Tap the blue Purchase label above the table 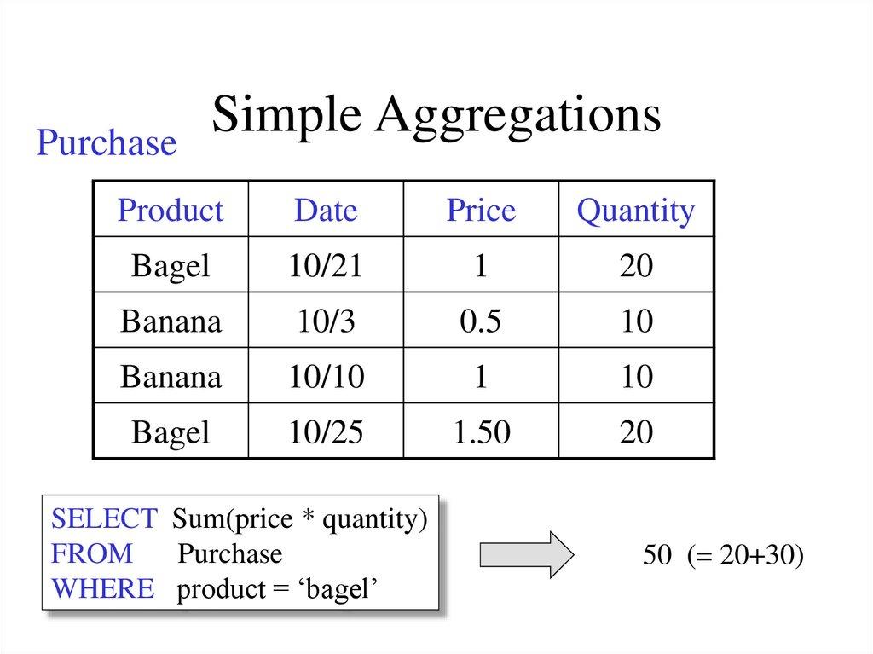click(106, 143)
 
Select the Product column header click(171, 211)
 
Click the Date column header click(326, 211)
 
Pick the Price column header click(481, 211)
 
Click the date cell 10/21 click(326, 266)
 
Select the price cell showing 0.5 click(481, 321)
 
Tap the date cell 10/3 click(326, 321)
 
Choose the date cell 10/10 click(326, 376)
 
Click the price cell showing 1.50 click(481, 432)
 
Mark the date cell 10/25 click(326, 432)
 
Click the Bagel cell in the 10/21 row click(171, 266)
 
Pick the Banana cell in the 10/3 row click(171, 321)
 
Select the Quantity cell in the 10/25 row click(636, 432)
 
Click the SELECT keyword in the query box click(104, 518)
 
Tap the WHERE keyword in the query click(103, 588)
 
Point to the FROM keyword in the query click(92, 553)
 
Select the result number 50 click(657, 555)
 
